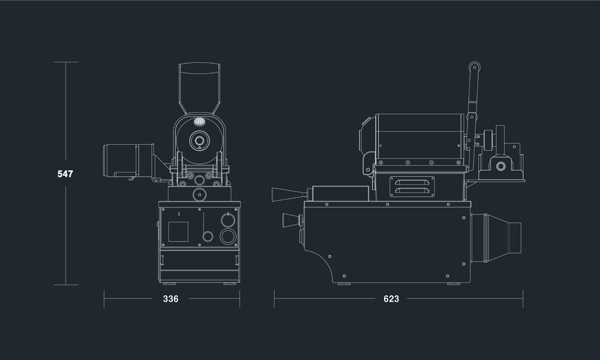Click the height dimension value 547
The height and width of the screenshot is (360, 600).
click(x=65, y=174)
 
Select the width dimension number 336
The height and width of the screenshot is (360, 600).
click(x=171, y=299)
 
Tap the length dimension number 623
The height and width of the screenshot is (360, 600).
click(x=391, y=299)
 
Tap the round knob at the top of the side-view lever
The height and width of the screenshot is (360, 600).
click(x=475, y=67)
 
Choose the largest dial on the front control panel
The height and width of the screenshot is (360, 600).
click(x=227, y=236)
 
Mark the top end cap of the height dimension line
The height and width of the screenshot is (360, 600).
click(x=65, y=62)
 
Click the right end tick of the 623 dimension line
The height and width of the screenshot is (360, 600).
click(x=523, y=299)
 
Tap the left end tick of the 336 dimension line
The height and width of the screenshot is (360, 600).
click(x=104, y=299)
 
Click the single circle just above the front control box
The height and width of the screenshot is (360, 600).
click(x=198, y=194)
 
